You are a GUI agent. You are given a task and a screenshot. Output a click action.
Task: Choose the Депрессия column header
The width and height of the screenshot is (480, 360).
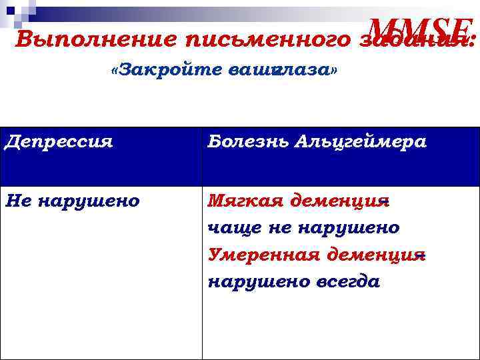58,142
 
